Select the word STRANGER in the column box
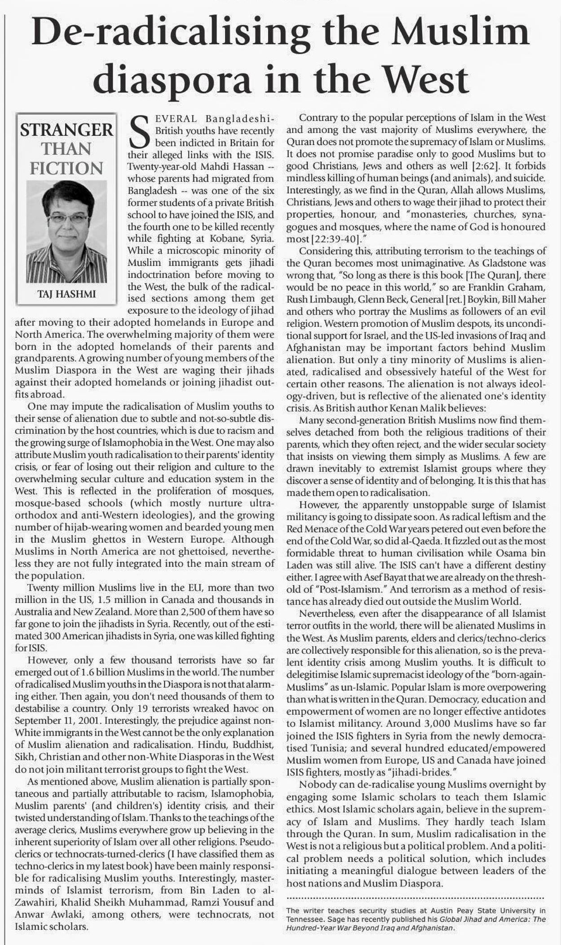67,130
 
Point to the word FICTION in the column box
66,168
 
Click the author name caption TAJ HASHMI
66,294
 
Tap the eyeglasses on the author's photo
68,219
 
